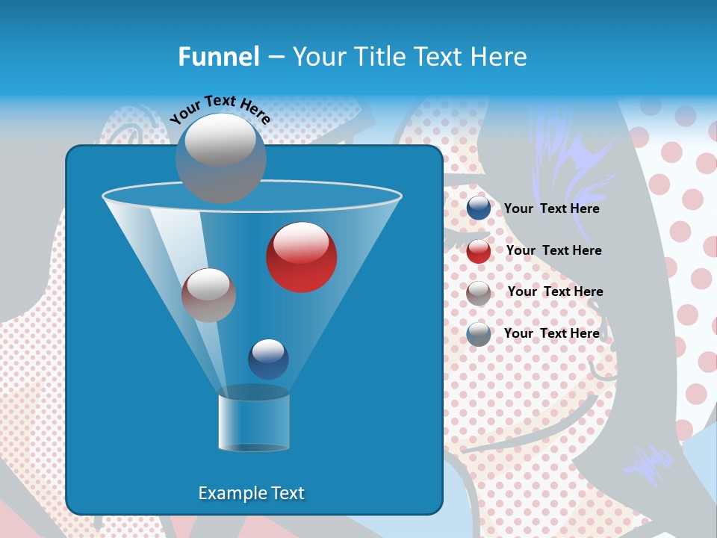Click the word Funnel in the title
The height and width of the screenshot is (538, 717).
tap(219, 57)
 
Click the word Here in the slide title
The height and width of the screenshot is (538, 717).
tap(498, 57)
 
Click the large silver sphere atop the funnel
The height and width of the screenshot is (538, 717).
tap(220, 157)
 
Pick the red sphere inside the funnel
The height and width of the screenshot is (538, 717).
tap(301, 256)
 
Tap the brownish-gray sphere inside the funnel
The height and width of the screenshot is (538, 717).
tap(208, 294)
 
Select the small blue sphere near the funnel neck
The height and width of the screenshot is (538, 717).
tap(268, 359)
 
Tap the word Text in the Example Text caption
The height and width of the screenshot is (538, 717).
tap(287, 493)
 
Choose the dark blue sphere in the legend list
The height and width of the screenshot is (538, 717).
tap(479, 208)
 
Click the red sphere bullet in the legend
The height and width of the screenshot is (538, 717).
tap(479, 251)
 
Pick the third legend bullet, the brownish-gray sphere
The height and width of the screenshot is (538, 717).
tap(479, 292)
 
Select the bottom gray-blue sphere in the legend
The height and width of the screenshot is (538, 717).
tap(479, 334)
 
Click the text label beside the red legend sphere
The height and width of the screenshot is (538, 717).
tap(553, 250)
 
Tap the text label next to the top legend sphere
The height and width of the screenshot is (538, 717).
tap(551, 208)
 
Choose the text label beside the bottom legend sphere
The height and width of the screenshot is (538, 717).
tap(551, 333)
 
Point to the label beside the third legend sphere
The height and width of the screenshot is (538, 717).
tap(555, 291)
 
